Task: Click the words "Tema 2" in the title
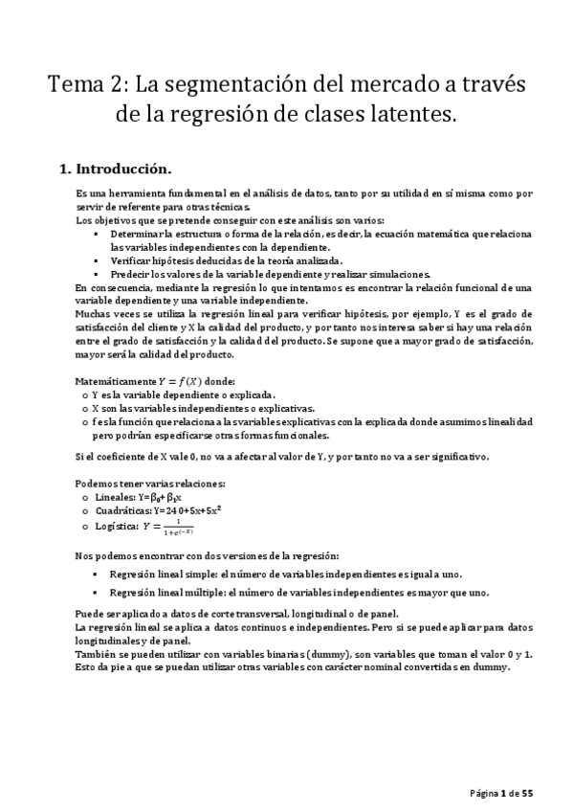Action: (x=85, y=85)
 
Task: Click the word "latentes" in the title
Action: (x=407, y=116)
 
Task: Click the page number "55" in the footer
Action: (x=526, y=793)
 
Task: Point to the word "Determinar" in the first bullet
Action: (x=136, y=234)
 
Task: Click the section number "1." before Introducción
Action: (x=65, y=169)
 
